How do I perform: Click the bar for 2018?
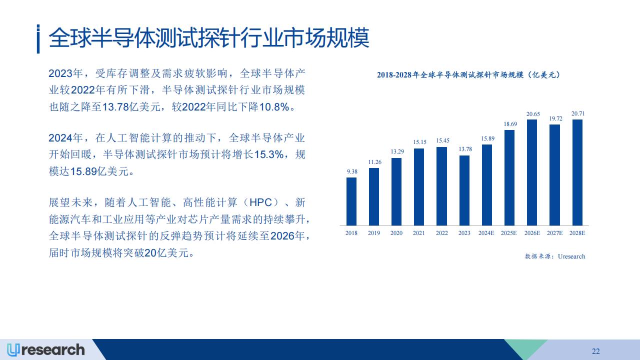click(351, 201)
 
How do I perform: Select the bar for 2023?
click(464, 190)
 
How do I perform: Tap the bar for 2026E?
click(532, 172)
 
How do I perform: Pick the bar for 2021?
click(419, 187)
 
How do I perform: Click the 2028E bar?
click(577, 172)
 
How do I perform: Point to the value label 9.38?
click(352, 171)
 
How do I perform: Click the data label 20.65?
click(533, 114)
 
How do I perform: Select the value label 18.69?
click(510, 124)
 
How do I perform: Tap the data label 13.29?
click(397, 151)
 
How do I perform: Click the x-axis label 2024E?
click(486, 233)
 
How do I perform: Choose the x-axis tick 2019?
click(373, 233)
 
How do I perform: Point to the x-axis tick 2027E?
click(554, 233)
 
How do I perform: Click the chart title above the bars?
click(468, 75)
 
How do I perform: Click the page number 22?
click(595, 351)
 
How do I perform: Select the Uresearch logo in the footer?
click(45, 350)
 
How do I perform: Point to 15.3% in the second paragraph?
click(268, 154)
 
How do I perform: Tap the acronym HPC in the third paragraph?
click(260, 202)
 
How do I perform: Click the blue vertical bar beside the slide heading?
click(38, 39)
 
